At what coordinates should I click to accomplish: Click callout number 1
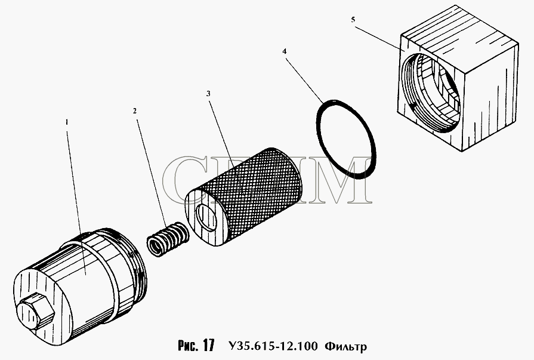(x=67, y=122)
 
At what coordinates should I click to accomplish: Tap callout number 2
(x=135, y=111)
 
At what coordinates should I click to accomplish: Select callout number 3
(x=208, y=93)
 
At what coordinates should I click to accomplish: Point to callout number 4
(x=285, y=51)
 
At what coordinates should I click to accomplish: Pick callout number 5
(x=353, y=20)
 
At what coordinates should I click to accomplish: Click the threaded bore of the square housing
(x=430, y=92)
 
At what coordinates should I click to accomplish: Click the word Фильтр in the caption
(x=346, y=347)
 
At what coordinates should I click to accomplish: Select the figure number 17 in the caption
(x=209, y=345)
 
